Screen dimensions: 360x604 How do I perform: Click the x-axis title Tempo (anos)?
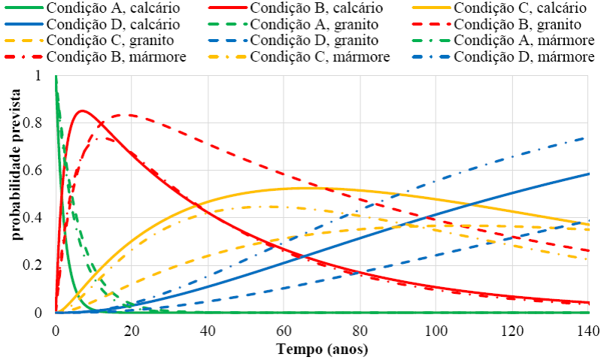pyautogui.click(x=322, y=349)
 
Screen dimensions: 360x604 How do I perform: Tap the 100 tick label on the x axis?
pyautogui.click(x=436, y=331)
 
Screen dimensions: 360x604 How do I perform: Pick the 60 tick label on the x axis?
pyautogui.click(x=284, y=331)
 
